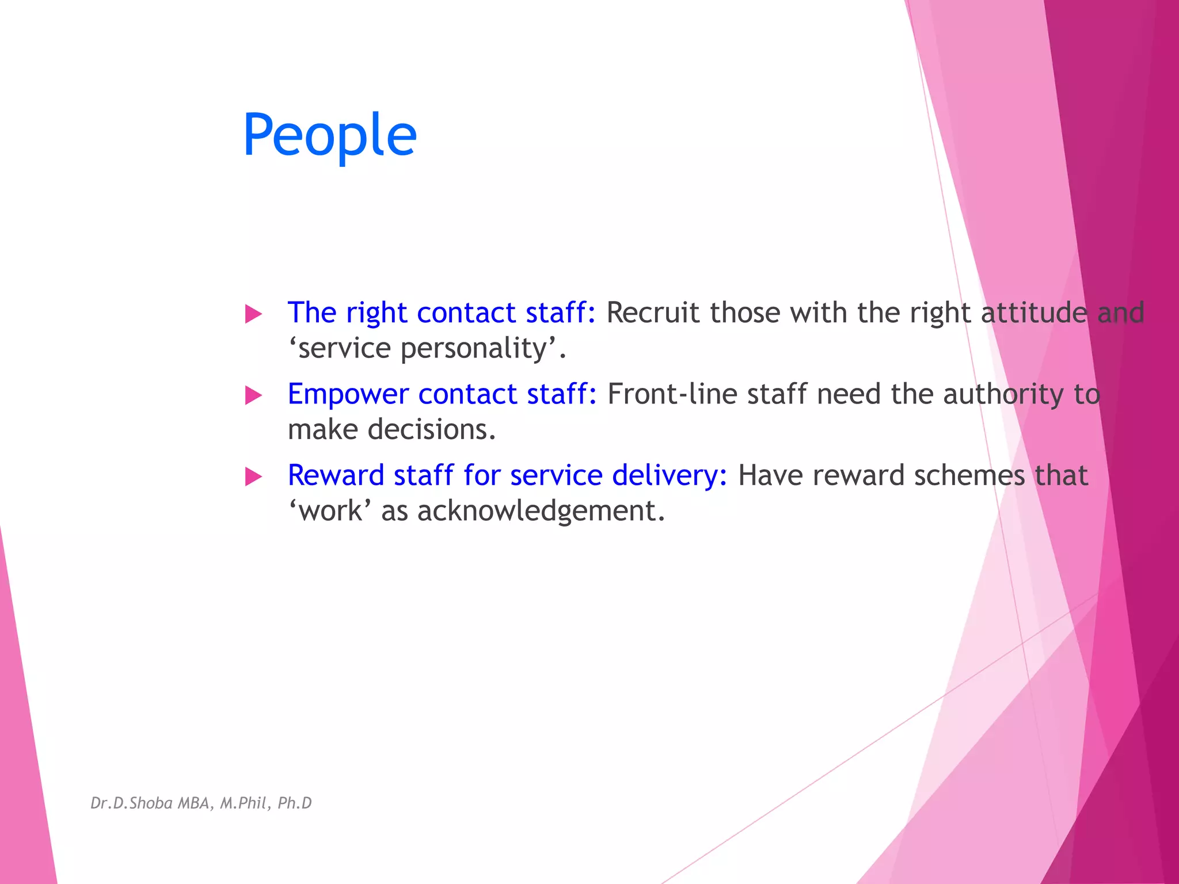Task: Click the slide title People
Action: coord(329,135)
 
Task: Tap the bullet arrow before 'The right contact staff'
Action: coord(253,314)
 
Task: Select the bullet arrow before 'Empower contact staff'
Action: coord(253,395)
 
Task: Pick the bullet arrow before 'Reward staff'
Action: coord(253,477)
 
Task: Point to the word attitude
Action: coord(1034,313)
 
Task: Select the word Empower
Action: coord(348,395)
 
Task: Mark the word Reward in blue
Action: coord(336,475)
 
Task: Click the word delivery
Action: coord(669,476)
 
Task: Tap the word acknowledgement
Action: coord(541,511)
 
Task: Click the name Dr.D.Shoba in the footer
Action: coord(131,803)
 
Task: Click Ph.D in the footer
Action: coord(294,803)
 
